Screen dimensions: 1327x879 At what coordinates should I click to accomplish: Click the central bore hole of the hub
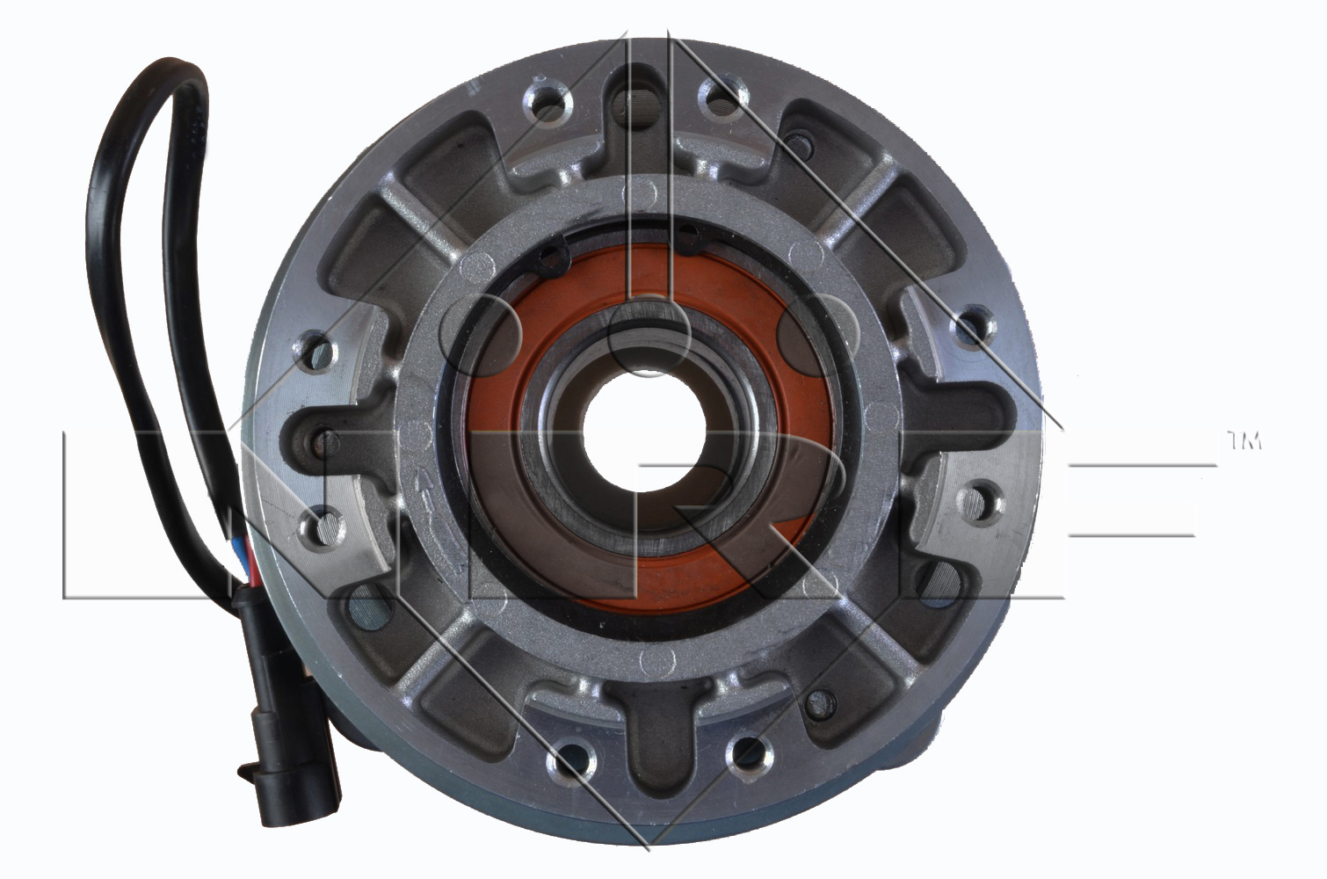(643, 432)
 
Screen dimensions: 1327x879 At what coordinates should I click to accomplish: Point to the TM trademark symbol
(1244, 441)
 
